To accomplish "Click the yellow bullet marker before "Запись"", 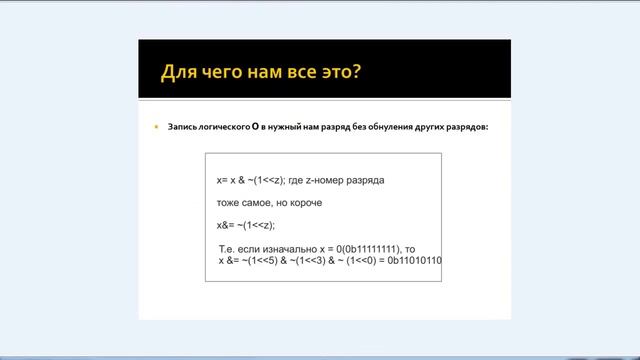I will tap(156, 129).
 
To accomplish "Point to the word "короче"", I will tap(302, 202).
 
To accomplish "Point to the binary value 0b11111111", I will tap(363, 247).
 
